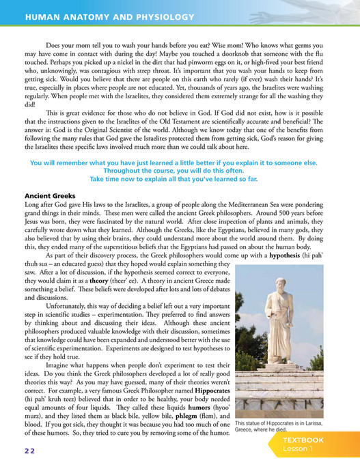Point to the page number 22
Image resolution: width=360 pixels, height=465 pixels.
[27, 451]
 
